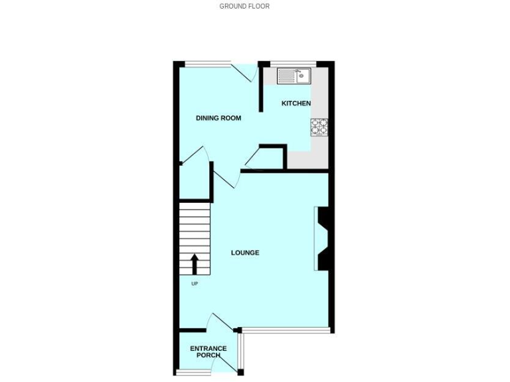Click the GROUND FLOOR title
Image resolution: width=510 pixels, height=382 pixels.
pyautogui.click(x=244, y=6)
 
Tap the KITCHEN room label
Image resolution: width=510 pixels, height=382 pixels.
pyautogui.click(x=296, y=103)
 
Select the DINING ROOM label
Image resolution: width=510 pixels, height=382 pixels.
pyautogui.click(x=218, y=118)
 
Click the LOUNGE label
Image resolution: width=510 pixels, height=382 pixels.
pyautogui.click(x=244, y=253)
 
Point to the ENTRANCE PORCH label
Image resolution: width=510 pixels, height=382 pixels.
pyautogui.click(x=209, y=351)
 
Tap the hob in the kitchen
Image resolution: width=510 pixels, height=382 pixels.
pyautogui.click(x=319, y=126)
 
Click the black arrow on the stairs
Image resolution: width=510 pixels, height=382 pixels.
pyautogui.click(x=195, y=263)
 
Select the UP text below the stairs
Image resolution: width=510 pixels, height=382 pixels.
pyautogui.click(x=195, y=284)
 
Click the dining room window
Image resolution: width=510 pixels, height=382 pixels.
pyautogui.click(x=207, y=64)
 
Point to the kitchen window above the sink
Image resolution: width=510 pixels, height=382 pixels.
pyautogui.click(x=293, y=64)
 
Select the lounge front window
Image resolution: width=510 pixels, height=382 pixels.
pyautogui.click(x=286, y=330)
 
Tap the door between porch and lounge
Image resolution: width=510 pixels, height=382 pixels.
pyautogui.click(x=218, y=322)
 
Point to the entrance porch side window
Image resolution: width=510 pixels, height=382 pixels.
pyautogui.click(x=243, y=351)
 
